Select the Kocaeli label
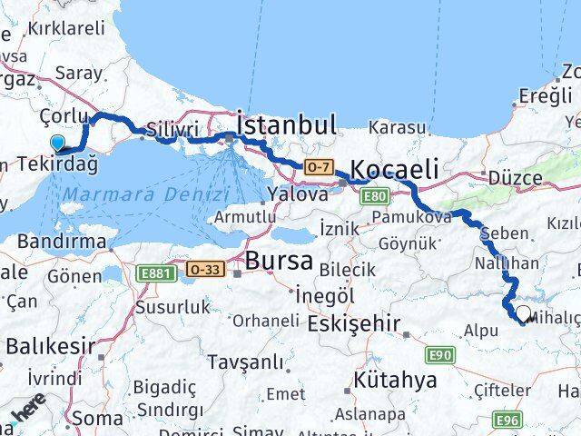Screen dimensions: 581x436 pyautogui.click(x=394, y=169)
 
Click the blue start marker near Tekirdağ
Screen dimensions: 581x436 pyautogui.click(x=59, y=143)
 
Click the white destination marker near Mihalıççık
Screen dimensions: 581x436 pyautogui.click(x=523, y=313)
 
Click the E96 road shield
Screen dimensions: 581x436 pyautogui.click(x=507, y=419)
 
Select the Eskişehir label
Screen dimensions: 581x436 pyautogui.click(x=355, y=324)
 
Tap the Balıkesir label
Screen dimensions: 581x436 pyautogui.click(x=49, y=346)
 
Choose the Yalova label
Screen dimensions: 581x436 pyautogui.click(x=298, y=194)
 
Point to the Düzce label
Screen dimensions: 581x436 pyautogui.click(x=514, y=178)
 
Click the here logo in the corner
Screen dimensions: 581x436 pyautogui.click(x=27, y=417)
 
